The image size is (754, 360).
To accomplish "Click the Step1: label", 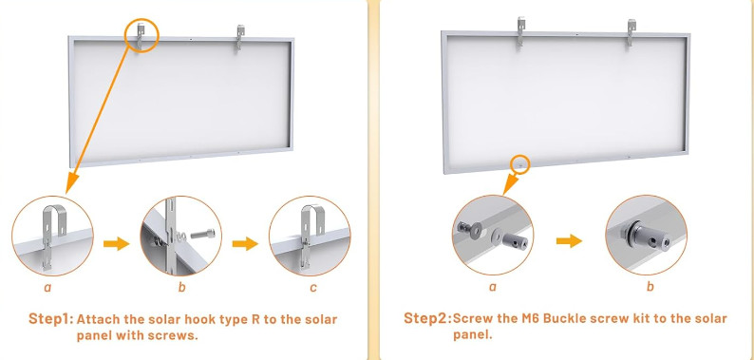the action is pos(50,318).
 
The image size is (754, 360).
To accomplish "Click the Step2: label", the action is pos(427,318).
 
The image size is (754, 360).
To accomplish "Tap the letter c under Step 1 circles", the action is pos(313,288).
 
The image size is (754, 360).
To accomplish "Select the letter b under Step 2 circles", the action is pos(650,286).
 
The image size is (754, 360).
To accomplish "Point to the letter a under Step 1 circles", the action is pos(47,288).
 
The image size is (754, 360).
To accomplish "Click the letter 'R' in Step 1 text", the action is pos(254,319).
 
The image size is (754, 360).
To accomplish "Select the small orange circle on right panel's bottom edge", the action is pos(520,163).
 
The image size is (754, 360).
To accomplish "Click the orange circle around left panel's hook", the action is pos(141,35).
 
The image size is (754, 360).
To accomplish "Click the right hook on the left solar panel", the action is pos(240,38).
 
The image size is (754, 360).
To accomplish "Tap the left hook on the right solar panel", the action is pos(520,31).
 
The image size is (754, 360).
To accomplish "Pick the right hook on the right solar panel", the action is pos(631,32).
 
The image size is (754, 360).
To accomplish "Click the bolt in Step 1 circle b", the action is pos(202,235).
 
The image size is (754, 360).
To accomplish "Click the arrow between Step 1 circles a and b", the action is pos(117,243).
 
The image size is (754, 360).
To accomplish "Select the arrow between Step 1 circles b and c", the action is pos(245,243).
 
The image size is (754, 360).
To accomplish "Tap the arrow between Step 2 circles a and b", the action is pos(570,240).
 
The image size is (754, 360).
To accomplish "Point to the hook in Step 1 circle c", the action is pos(311,236).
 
